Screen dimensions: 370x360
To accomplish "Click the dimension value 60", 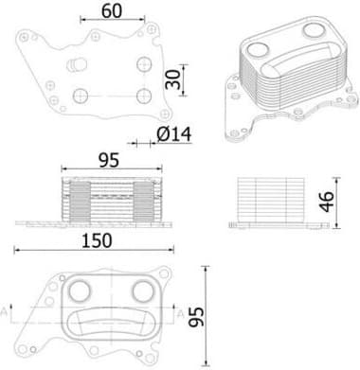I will click(111, 11).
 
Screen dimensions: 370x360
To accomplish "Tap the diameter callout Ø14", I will click(173, 134).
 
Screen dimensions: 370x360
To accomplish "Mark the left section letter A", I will click(9, 310).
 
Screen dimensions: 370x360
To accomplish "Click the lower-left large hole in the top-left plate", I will click(81, 96).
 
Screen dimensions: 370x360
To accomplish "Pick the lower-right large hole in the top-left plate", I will click(142, 96).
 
